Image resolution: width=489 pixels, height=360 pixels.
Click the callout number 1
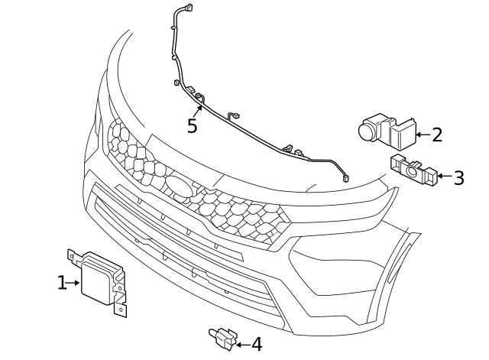click(x=62, y=283)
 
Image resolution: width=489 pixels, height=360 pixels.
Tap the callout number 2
click(x=437, y=135)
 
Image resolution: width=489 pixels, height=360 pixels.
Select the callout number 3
click(x=458, y=178)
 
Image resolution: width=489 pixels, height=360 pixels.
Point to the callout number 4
click(x=256, y=345)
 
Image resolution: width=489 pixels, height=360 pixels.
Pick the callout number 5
click(x=192, y=125)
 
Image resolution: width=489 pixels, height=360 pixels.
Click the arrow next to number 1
click(x=74, y=283)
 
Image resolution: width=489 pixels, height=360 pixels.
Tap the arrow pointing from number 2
click(x=422, y=135)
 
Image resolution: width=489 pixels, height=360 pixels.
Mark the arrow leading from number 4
click(x=242, y=345)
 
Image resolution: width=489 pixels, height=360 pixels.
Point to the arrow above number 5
click(x=198, y=107)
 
